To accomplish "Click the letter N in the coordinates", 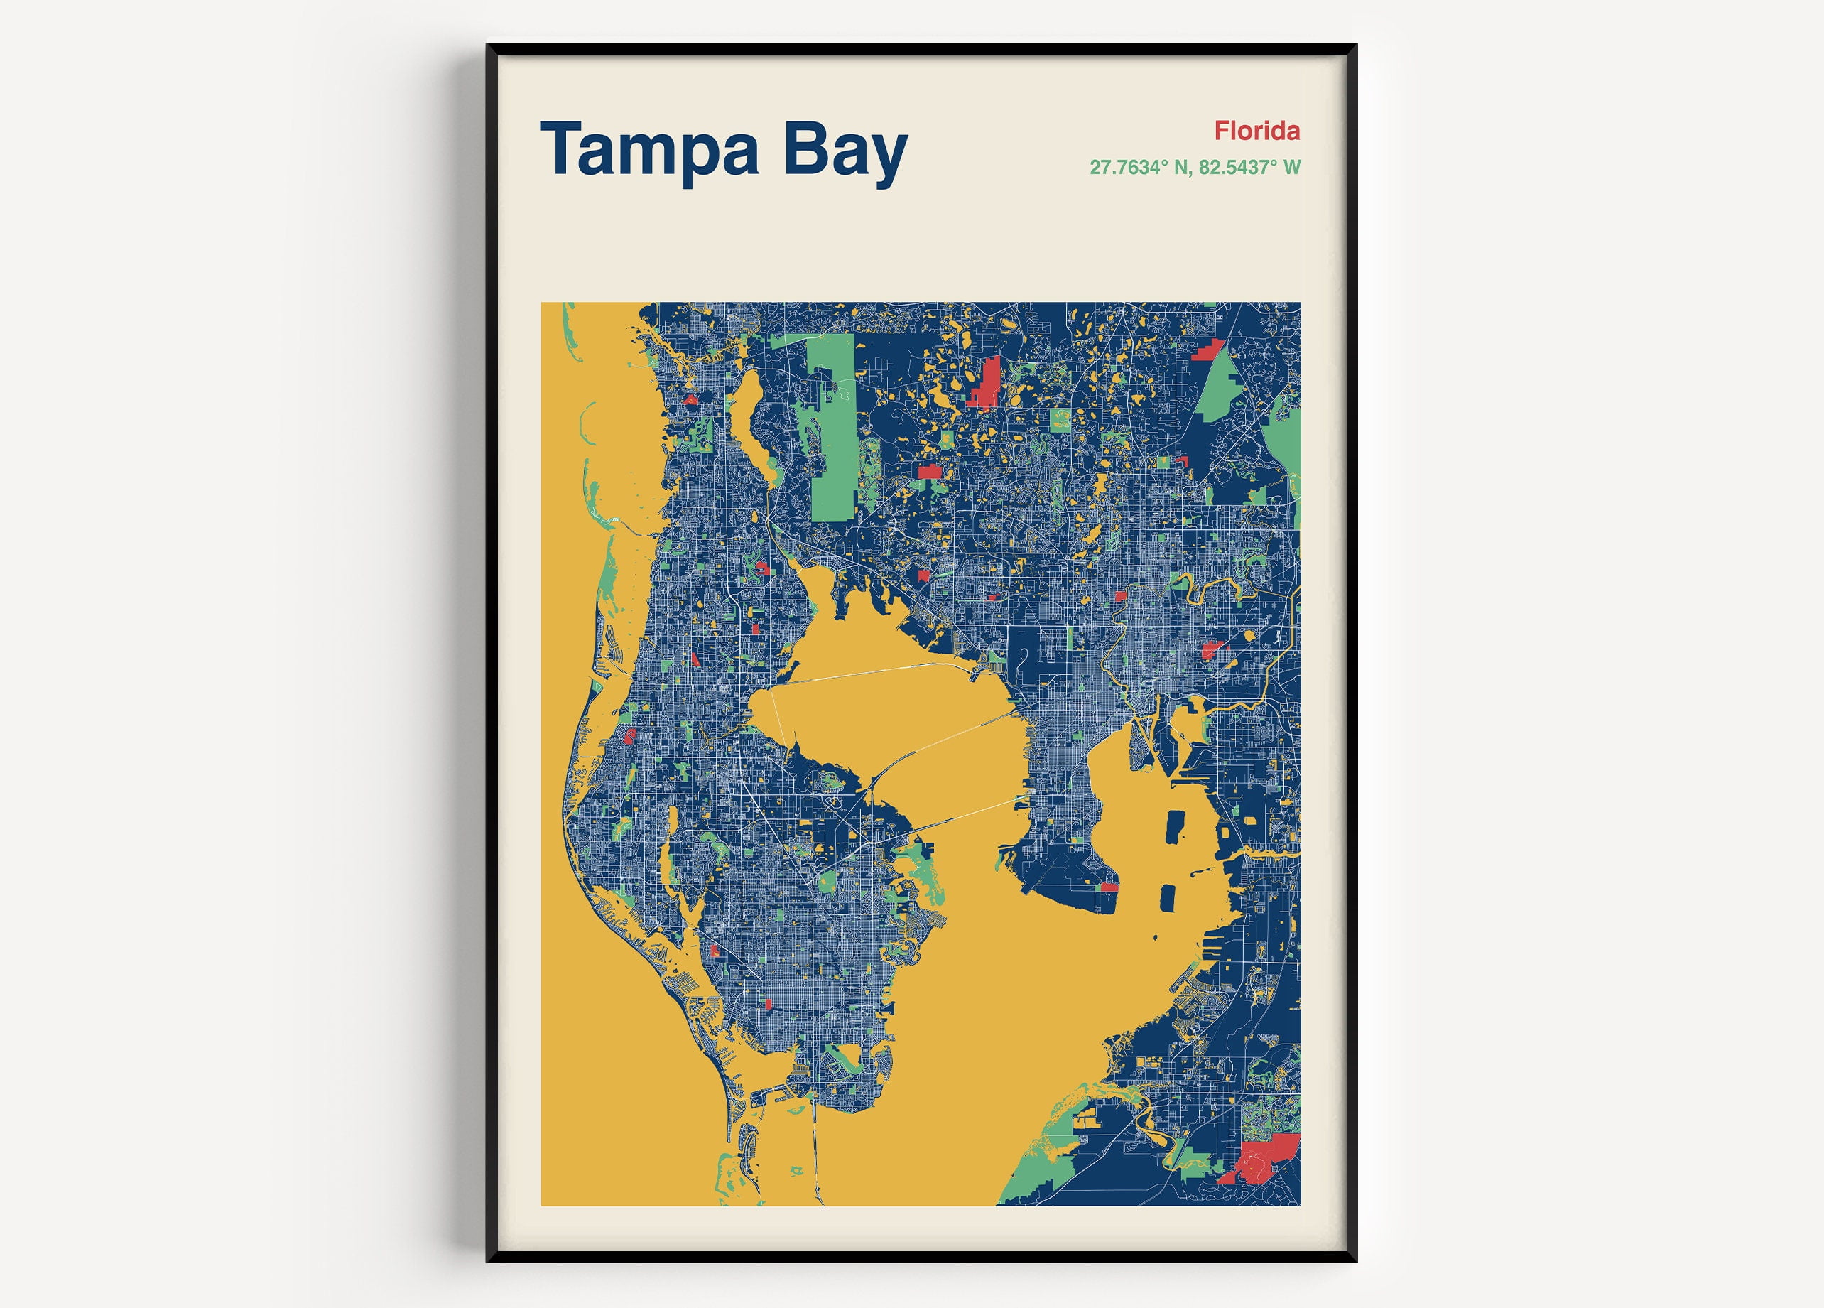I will [x=1181, y=168].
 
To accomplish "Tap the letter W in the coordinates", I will [x=1291, y=168].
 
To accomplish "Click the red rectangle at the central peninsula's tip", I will [x=1109, y=887].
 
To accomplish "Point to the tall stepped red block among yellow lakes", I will [x=986, y=382].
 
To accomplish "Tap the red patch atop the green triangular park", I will [x=1209, y=350].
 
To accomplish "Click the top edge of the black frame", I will [x=921, y=49].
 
